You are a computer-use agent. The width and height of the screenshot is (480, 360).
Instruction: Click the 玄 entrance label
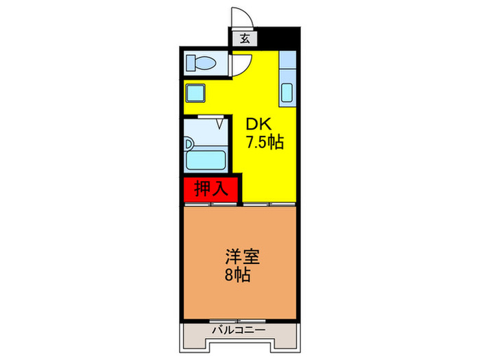(x=245, y=38)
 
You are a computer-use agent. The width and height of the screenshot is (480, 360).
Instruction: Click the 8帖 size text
(x=237, y=276)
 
